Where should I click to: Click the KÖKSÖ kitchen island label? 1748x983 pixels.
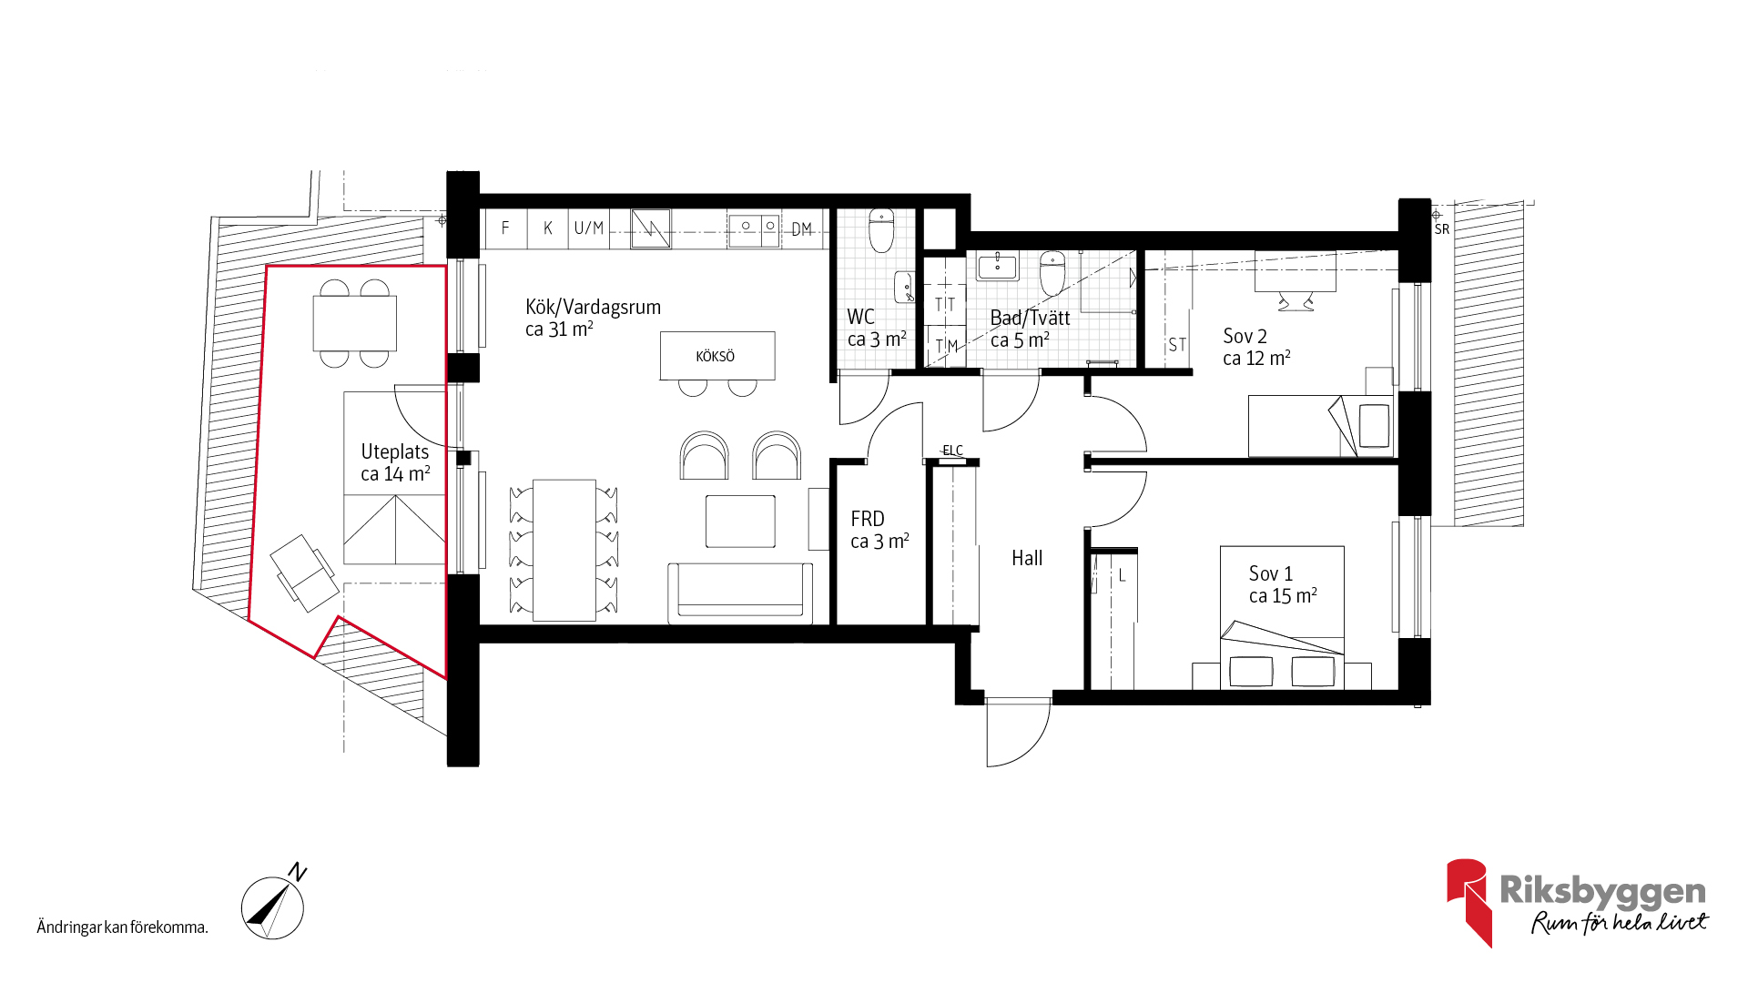715,356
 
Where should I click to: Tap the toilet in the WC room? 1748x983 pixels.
881,230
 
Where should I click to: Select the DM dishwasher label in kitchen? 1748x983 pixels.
801,229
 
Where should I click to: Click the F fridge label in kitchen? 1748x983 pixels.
505,228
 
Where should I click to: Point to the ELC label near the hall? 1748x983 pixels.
952,451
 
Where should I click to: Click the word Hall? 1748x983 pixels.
1027,558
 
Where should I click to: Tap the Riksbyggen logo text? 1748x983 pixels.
1602,891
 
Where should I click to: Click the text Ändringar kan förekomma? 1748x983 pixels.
122,927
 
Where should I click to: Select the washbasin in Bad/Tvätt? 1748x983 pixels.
998,267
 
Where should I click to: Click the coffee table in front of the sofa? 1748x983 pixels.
740,522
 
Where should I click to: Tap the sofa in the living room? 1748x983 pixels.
740,593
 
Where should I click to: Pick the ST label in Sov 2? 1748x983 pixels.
1177,345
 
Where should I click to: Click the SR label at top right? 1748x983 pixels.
1442,229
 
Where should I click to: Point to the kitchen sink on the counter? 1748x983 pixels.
757,226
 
